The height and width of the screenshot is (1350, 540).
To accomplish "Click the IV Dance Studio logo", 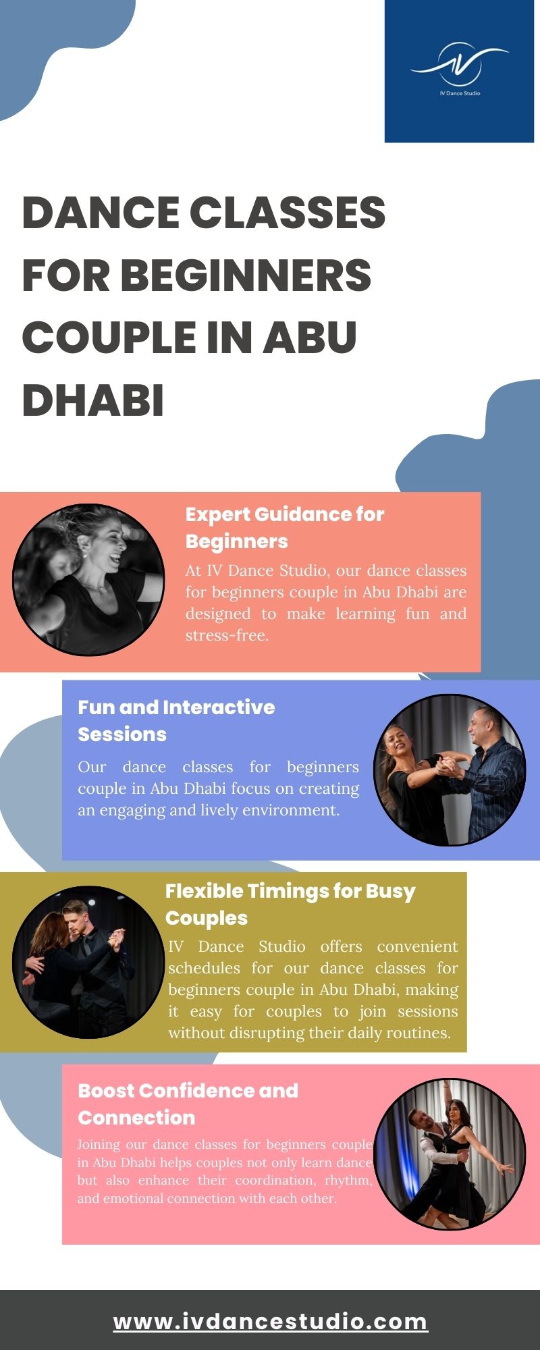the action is point(459,70).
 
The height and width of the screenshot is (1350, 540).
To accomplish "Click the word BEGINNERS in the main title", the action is point(246,275).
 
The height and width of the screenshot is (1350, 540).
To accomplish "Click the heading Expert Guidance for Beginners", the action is point(285,528).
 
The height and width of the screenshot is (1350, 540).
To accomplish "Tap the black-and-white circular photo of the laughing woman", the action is point(88,579).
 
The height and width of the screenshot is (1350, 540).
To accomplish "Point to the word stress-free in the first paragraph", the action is point(227,635).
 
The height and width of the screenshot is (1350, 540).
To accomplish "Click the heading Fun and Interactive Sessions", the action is point(176,721).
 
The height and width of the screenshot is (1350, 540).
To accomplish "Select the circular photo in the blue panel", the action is point(450,770).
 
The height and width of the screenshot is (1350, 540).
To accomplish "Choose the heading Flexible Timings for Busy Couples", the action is point(290,905).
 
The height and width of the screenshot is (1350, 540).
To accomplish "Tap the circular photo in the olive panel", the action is point(88,962).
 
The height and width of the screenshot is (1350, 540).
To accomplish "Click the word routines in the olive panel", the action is point(418,1033).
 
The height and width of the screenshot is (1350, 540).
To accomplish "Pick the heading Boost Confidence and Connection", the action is point(188,1104).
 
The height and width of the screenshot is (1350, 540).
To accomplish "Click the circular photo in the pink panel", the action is point(450,1154).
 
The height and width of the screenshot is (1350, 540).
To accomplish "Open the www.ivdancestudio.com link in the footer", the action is point(270,1322).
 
